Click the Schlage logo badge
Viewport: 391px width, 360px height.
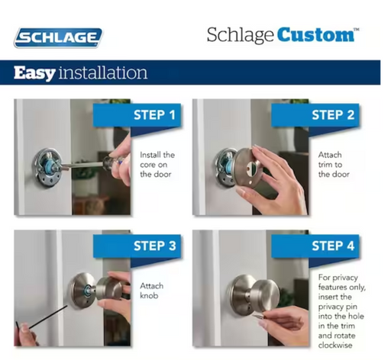(58, 37)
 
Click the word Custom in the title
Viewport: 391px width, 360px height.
(315, 34)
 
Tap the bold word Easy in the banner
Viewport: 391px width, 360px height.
(34, 73)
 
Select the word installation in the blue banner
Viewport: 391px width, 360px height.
(103, 72)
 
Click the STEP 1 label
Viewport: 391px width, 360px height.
(154, 115)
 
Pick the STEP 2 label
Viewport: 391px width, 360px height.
(333, 115)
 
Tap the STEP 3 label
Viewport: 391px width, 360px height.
(155, 246)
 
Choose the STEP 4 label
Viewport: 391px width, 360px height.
(333, 246)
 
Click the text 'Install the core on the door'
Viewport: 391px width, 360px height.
(157, 165)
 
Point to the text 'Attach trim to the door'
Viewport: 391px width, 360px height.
(334, 165)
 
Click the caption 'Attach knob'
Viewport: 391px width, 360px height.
(151, 291)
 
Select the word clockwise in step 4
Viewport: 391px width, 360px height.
(335, 346)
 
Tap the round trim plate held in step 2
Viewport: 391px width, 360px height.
(246, 168)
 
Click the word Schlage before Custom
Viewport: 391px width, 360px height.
(240, 35)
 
